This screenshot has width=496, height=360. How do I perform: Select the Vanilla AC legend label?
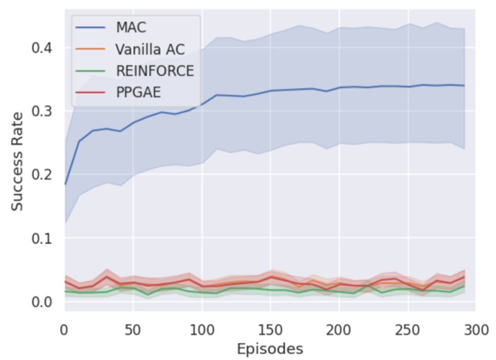coord(150,49)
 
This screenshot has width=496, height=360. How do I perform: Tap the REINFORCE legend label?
coord(154,71)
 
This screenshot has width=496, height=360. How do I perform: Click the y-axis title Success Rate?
coord(18,162)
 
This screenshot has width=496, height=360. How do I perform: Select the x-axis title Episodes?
coord(270,348)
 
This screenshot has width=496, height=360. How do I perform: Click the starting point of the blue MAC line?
coord(65,184)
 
